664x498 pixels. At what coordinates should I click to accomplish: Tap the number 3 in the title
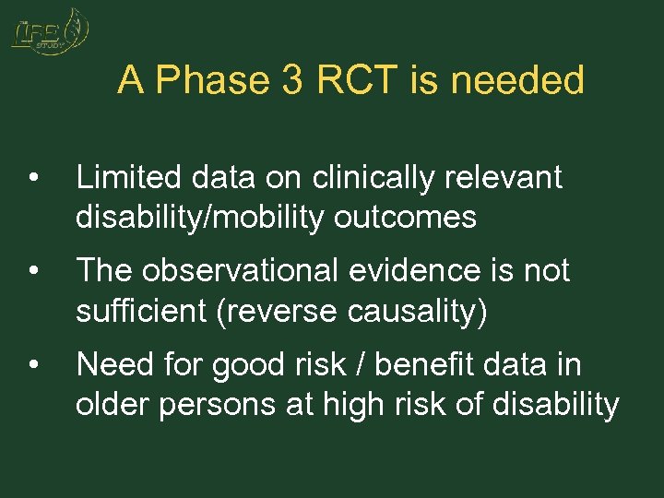point(292,81)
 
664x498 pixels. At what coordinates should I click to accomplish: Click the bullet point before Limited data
point(33,177)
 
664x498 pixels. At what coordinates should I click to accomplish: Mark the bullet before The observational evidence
point(33,271)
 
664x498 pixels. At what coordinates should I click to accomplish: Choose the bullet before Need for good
point(33,365)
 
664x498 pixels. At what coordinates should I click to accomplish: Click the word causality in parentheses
point(422,312)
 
